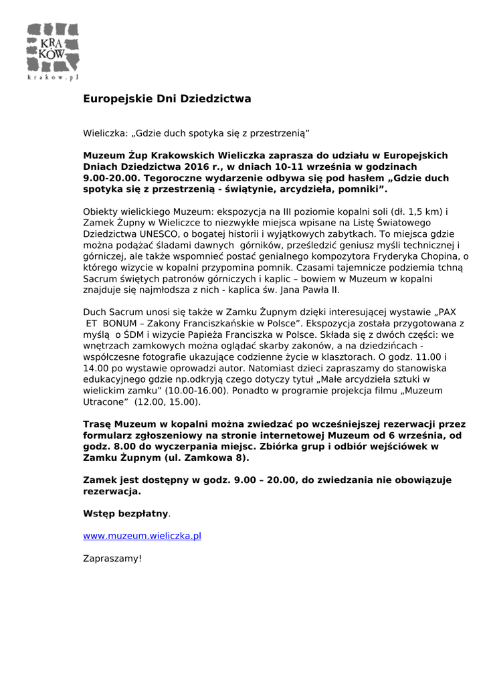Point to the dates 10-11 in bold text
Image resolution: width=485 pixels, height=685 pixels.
click(286, 167)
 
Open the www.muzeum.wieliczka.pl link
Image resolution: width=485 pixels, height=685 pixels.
click(142, 536)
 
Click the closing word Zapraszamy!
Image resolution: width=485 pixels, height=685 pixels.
click(112, 558)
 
